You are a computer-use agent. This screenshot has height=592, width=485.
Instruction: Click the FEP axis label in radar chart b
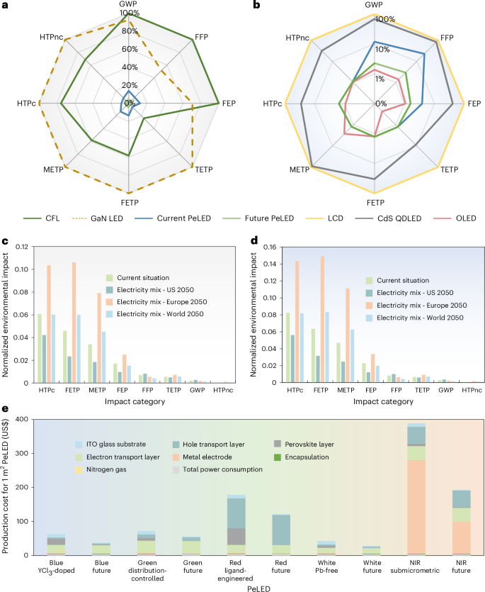click(x=473, y=104)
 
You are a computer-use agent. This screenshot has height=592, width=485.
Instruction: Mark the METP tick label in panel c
click(x=93, y=391)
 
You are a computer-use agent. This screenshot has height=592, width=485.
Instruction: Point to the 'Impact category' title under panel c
click(x=127, y=403)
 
